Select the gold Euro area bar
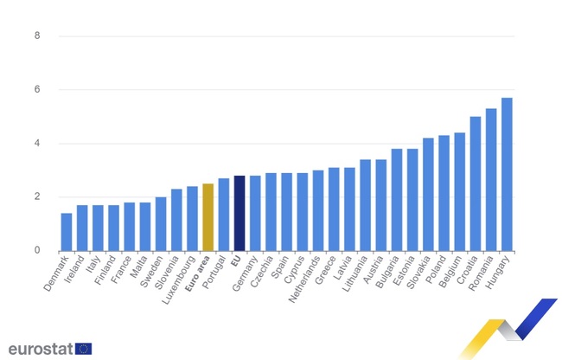(208, 217)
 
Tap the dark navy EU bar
(239, 213)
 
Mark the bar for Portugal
(224, 215)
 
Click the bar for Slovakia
(428, 195)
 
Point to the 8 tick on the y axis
(36, 36)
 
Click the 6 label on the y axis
(36, 90)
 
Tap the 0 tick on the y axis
(36, 251)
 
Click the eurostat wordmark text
(40, 348)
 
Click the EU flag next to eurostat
(83, 348)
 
